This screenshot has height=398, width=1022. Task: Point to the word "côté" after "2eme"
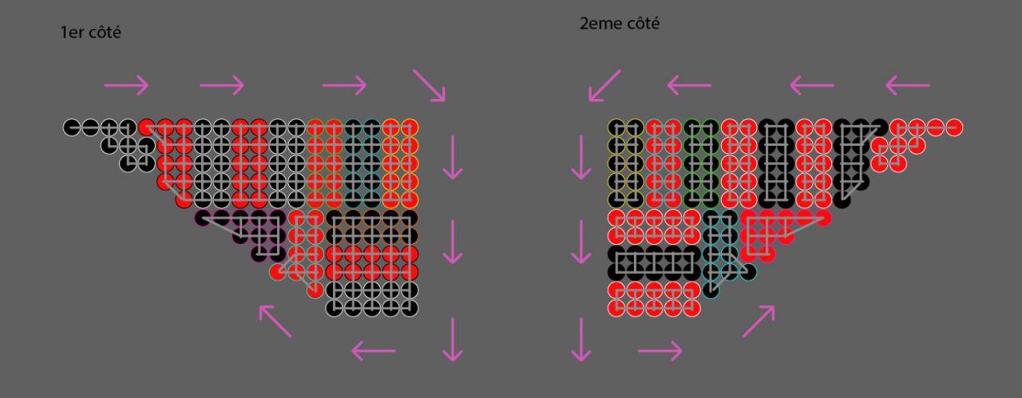tap(643, 24)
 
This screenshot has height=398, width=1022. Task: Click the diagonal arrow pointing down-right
tap(430, 85)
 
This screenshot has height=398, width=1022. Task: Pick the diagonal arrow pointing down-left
tap(604, 85)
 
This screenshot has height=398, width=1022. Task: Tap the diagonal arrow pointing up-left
tap(275, 321)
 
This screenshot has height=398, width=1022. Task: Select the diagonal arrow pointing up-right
tap(759, 321)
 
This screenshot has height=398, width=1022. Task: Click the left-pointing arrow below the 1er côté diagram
tap(374, 349)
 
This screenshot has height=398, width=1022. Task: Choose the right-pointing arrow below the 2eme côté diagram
tap(660, 349)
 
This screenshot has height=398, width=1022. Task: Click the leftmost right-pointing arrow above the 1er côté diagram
tap(126, 85)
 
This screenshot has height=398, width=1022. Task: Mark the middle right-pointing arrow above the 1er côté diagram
tap(221, 85)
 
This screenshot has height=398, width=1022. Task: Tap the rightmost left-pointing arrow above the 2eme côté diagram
tap(908, 85)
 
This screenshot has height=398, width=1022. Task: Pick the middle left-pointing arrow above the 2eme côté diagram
tap(812, 85)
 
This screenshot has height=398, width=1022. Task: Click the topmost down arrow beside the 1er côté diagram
tap(454, 156)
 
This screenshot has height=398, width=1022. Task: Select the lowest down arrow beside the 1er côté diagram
tap(454, 338)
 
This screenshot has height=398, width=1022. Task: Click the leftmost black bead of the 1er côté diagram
tap(72, 127)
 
